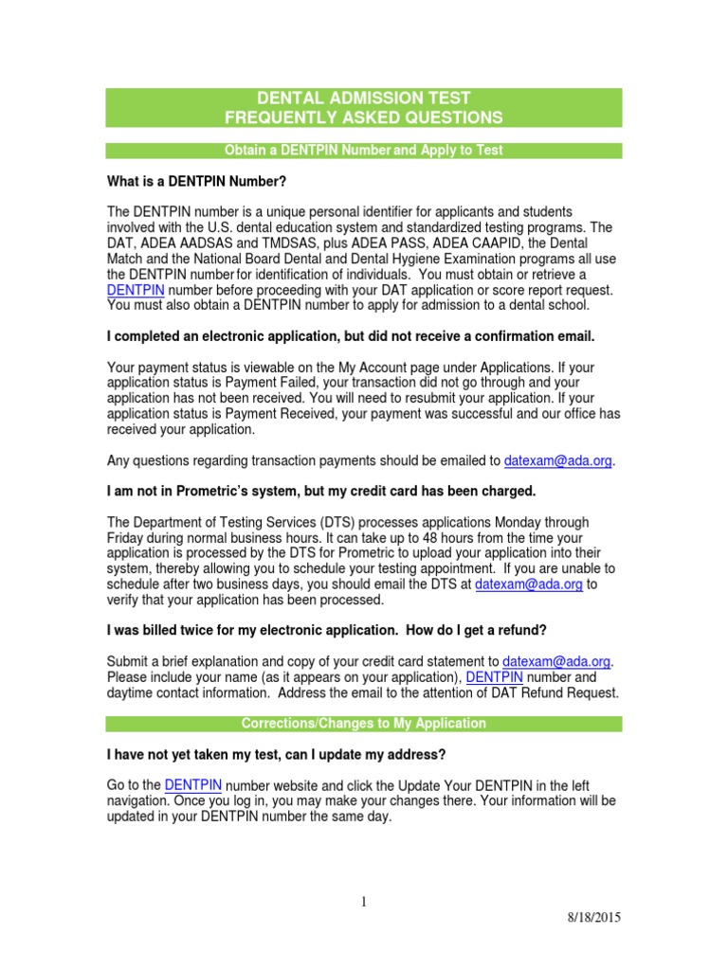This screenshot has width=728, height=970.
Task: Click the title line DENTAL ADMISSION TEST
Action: click(364, 99)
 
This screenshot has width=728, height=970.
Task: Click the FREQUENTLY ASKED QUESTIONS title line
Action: click(364, 117)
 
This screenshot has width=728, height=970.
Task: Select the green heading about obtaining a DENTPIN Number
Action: click(364, 151)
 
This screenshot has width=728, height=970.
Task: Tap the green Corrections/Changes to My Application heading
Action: click(364, 724)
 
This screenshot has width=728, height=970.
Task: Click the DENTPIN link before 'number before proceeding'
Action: click(136, 289)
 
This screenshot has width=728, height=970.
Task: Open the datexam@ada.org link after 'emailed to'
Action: click(558, 461)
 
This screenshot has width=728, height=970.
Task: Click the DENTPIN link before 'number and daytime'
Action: click(495, 677)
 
